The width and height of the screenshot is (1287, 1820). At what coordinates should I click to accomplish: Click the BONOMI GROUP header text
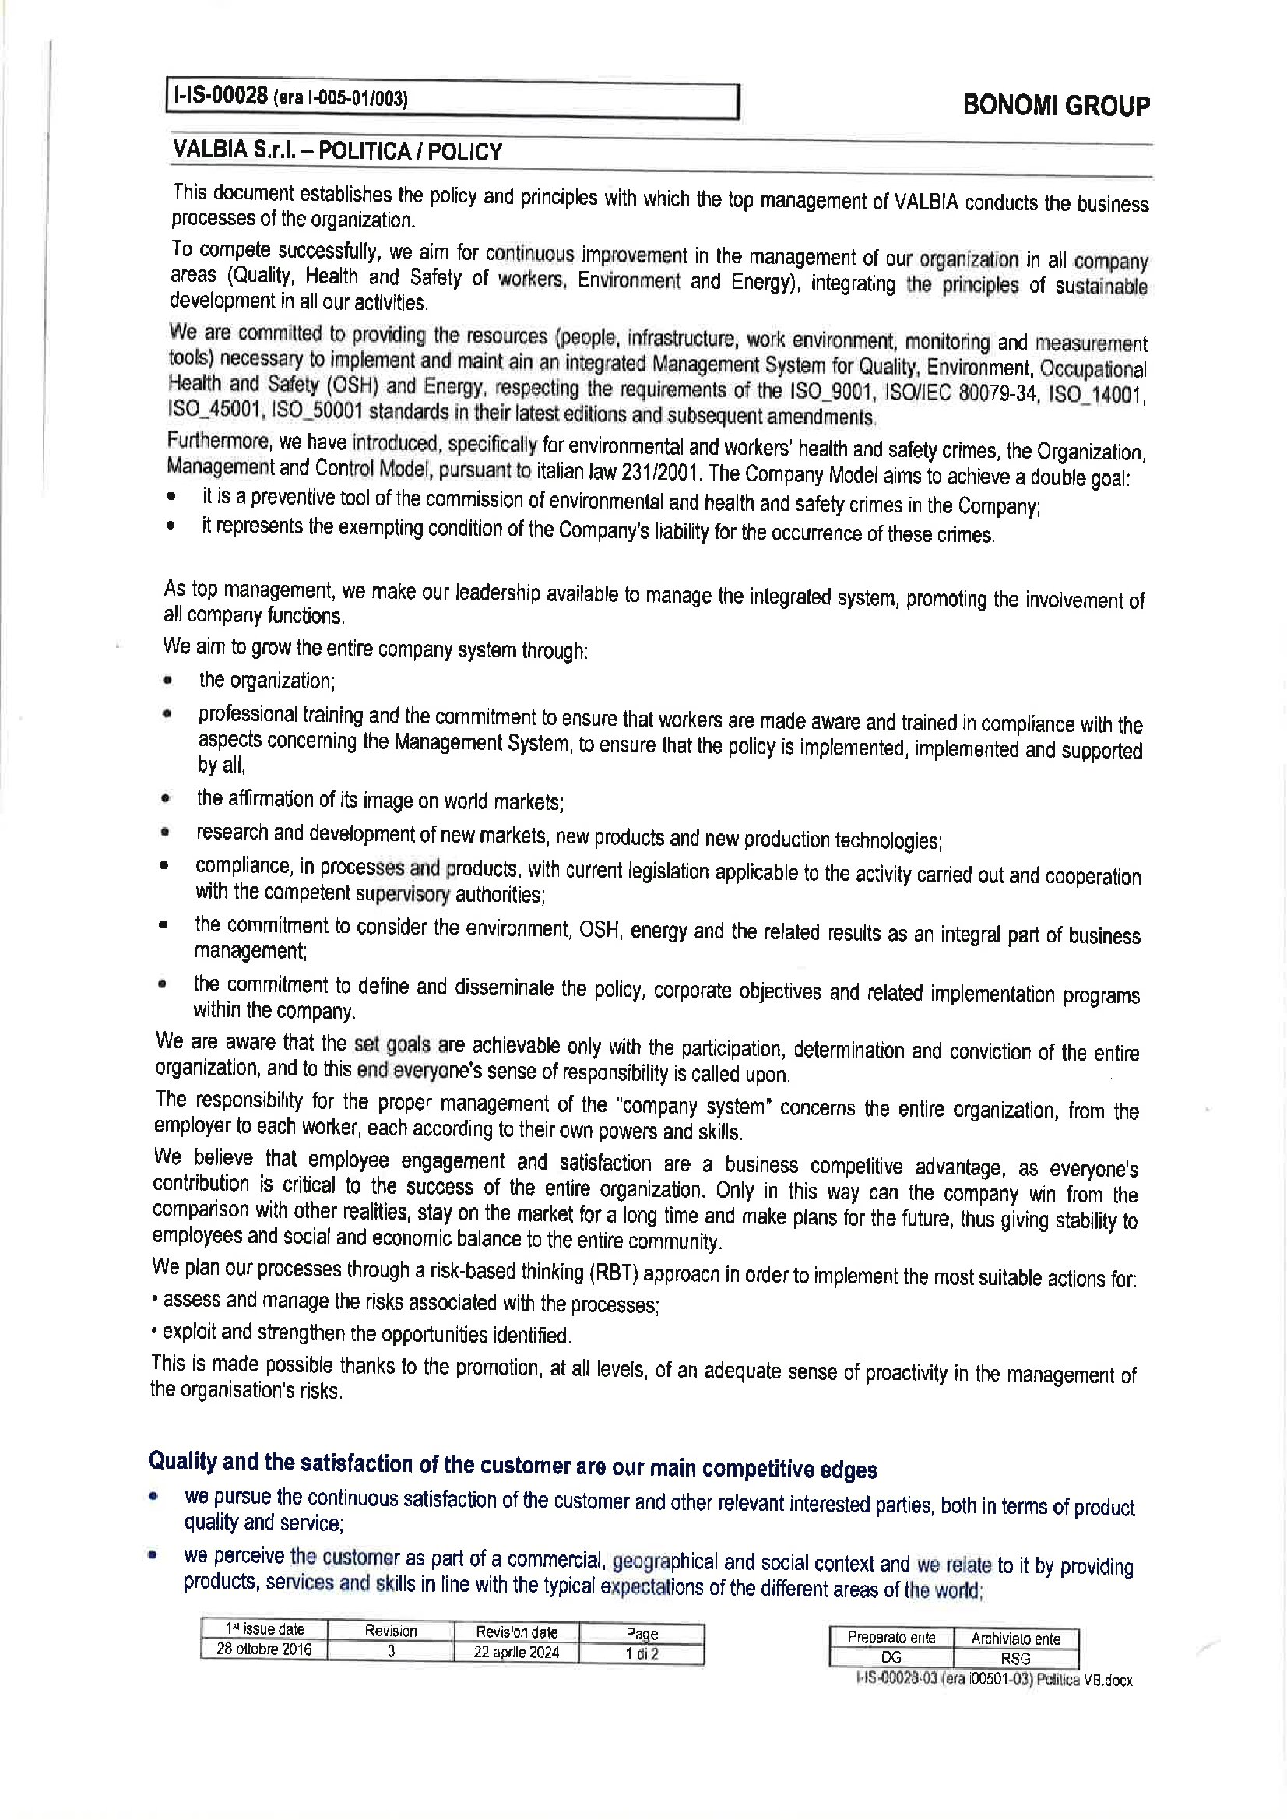1056,105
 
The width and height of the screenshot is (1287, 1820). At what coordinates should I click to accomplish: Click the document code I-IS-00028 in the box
219,97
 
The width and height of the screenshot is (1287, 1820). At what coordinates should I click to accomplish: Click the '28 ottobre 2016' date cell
264,1649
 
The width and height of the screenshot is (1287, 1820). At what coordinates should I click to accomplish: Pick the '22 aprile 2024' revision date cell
516,1652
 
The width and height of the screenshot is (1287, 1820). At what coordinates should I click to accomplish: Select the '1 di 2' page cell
642,1653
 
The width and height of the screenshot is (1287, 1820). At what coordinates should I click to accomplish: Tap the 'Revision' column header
391,1631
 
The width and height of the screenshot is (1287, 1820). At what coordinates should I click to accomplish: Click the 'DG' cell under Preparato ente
891,1657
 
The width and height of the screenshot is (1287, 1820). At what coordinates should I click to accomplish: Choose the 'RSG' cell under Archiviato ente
1015,1658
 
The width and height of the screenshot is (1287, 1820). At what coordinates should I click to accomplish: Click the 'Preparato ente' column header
891,1638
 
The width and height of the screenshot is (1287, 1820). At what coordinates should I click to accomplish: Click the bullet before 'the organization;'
167,680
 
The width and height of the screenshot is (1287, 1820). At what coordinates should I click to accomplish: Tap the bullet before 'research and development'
165,833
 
